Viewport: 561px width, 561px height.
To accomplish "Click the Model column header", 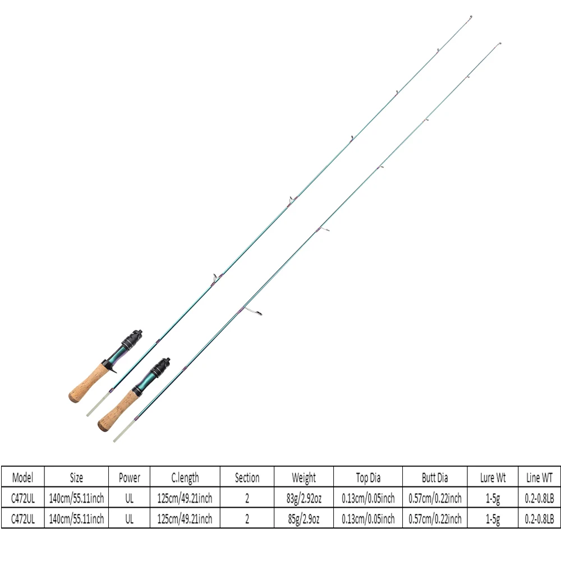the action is coord(22,477).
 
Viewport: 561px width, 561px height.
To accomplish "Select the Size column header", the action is coord(76,477).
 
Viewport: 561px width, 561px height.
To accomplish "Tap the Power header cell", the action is coord(129,477).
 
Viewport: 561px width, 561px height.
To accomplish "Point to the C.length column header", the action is coord(185,477).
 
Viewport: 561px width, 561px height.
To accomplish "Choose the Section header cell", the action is coord(247,477).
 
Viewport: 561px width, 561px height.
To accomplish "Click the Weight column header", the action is coord(304,477).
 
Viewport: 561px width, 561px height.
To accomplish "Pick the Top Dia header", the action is coord(368,477).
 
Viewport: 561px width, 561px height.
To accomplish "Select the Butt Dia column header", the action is coord(435,477).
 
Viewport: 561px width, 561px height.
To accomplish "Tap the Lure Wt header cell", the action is coord(493,477).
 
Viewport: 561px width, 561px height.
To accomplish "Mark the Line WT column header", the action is coord(539,477).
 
